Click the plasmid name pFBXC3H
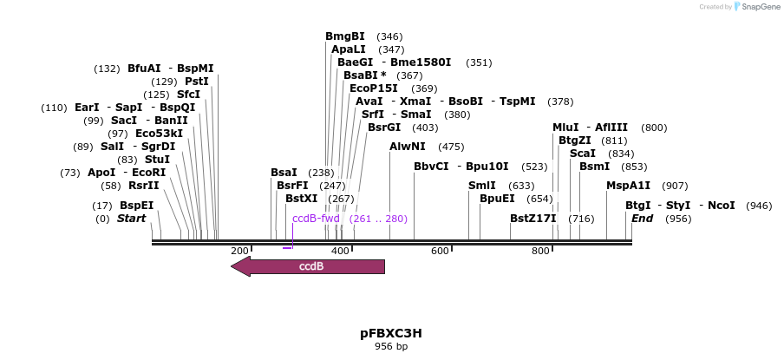coord(390,333)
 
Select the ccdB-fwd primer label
coord(316,219)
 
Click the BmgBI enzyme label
coord(345,36)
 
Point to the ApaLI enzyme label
coord(350,49)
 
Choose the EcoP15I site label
coord(374,88)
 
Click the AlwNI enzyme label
coord(408,147)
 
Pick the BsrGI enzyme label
coord(384,128)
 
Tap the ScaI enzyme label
coord(583,154)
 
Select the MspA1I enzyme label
coord(628,186)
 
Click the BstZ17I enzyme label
coord(532,219)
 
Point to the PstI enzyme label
coord(197,82)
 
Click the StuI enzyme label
coord(157,160)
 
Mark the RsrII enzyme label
coord(144,186)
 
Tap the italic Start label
coord(131,219)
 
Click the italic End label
coord(642,219)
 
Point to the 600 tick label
coord(441,251)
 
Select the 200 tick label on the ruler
coord(240,251)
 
